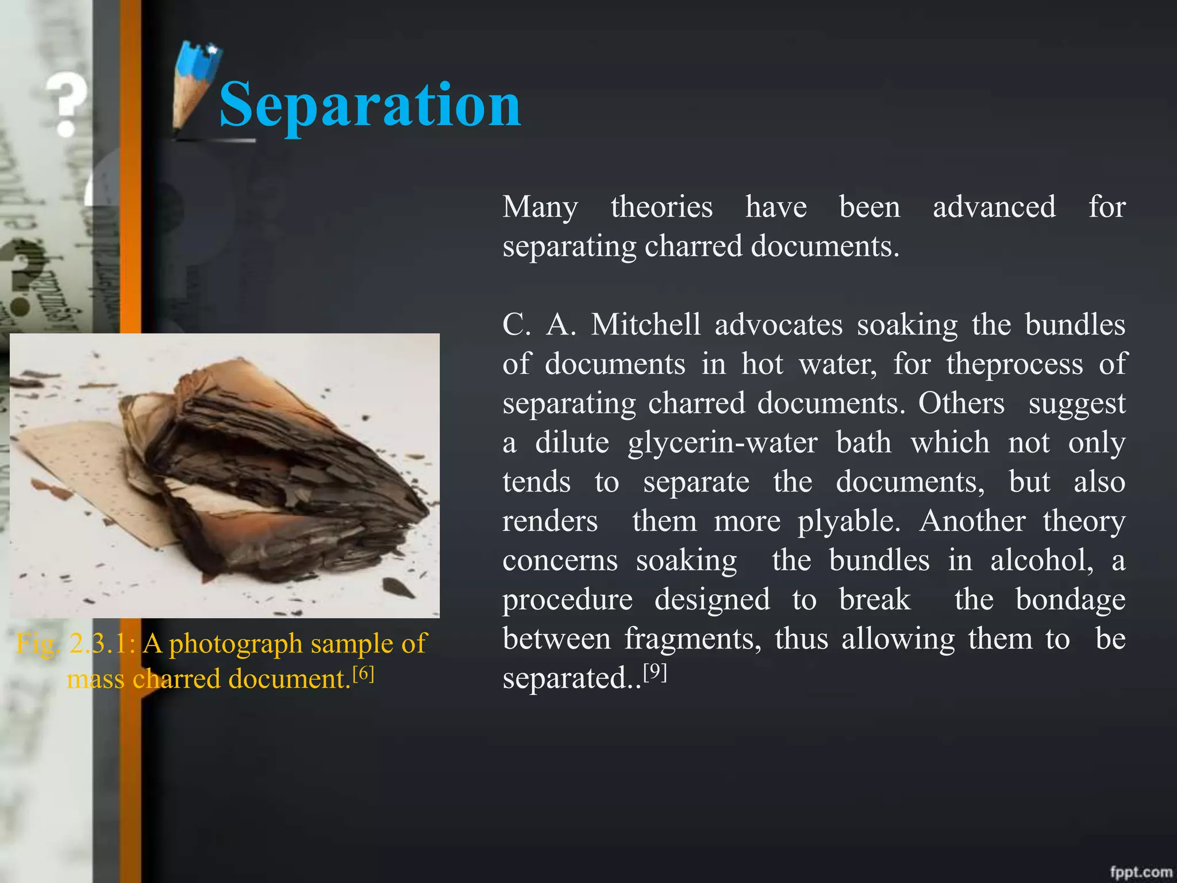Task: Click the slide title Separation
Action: [370, 105]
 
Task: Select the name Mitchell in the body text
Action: [646, 325]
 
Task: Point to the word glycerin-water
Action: [722, 443]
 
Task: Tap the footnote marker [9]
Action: [655, 671]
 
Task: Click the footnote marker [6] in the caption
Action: [363, 673]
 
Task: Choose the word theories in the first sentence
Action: [661, 207]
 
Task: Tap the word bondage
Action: [1070, 600]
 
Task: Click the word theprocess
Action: [1014, 364]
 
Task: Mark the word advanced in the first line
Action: [994, 207]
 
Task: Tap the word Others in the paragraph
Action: [961, 403]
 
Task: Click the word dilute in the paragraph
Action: [572, 443]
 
